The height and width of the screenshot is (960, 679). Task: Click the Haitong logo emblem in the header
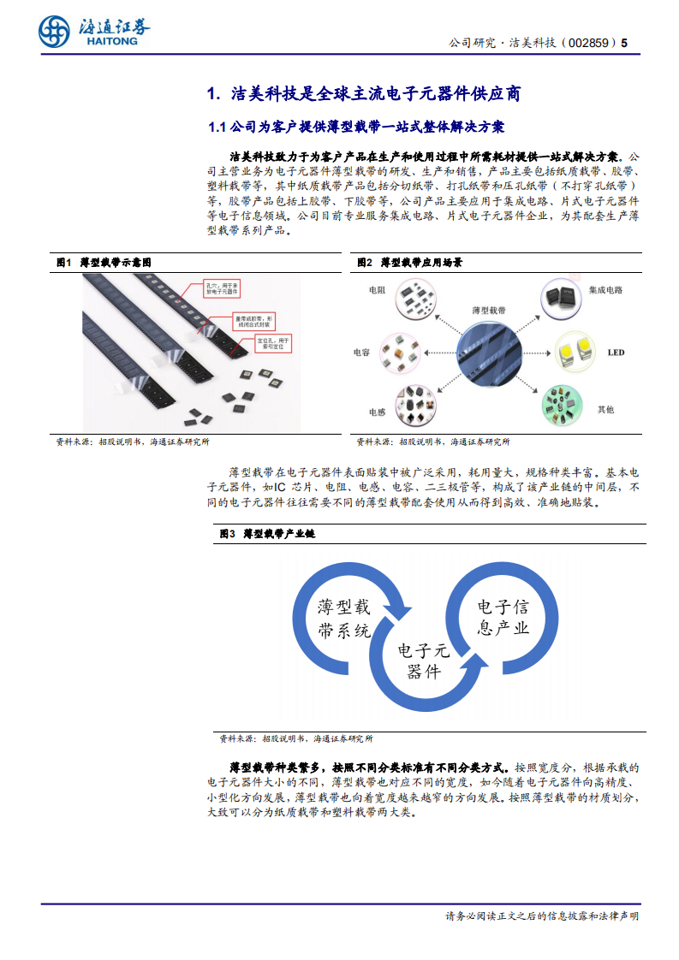click(54, 32)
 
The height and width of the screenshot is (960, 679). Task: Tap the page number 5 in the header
click(624, 43)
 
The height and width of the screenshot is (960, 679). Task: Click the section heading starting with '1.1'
click(357, 127)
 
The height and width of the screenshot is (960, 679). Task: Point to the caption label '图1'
click(63, 262)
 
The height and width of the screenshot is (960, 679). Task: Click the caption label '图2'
click(364, 262)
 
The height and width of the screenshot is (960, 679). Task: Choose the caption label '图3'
click(227, 533)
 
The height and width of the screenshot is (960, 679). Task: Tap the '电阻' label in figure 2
click(377, 291)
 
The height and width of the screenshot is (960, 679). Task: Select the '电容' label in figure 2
click(361, 352)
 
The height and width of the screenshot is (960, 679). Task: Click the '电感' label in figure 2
click(377, 412)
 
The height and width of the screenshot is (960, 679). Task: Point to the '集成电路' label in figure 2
click(605, 291)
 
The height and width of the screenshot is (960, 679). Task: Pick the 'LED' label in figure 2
click(616, 353)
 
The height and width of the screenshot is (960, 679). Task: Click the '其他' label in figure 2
click(605, 410)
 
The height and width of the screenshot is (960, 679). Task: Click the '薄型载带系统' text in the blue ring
click(343, 619)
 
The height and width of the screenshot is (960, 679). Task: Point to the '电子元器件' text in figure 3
click(423, 661)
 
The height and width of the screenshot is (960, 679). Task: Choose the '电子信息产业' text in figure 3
click(503, 618)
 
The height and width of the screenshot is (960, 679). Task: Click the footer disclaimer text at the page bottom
click(541, 916)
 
